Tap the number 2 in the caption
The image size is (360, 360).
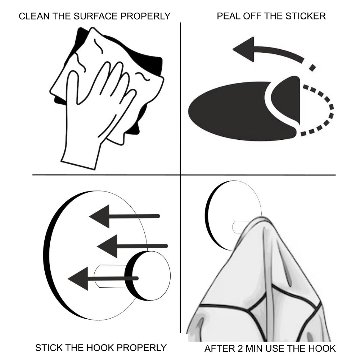click(x=240, y=348)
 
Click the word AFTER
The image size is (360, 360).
click(x=220, y=348)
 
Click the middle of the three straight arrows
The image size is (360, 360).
click(x=132, y=246)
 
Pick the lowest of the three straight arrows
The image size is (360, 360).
click(x=103, y=279)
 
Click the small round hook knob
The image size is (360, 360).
click(x=148, y=276)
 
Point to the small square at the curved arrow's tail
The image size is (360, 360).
click(x=312, y=68)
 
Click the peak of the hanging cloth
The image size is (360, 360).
click(x=262, y=218)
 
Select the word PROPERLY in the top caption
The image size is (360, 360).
click(x=145, y=16)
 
